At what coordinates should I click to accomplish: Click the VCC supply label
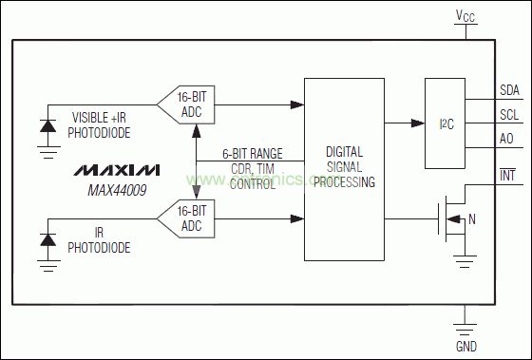[465, 15]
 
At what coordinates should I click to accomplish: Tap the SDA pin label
[509, 90]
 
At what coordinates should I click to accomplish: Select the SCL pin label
[509, 115]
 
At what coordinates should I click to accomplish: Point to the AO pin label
[506, 139]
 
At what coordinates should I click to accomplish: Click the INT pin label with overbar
[507, 175]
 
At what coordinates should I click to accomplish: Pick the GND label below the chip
[466, 347]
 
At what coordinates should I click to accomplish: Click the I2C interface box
[445, 123]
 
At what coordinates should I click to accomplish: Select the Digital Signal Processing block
[344, 169]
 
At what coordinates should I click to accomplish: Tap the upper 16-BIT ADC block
[185, 104]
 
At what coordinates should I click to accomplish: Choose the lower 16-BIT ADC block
[185, 218]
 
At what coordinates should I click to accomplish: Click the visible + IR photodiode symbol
[48, 126]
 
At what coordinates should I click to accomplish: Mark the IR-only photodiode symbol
[48, 240]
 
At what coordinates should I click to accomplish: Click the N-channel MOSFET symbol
[452, 218]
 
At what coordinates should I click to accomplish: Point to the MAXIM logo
[117, 170]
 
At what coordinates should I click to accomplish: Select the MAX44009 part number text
[117, 190]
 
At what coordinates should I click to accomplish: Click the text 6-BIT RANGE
[253, 154]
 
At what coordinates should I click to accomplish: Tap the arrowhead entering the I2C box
[418, 123]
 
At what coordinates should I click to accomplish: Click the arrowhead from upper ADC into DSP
[297, 104]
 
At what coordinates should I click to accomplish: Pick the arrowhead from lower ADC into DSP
[297, 218]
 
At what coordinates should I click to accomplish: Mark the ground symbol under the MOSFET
[465, 261]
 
